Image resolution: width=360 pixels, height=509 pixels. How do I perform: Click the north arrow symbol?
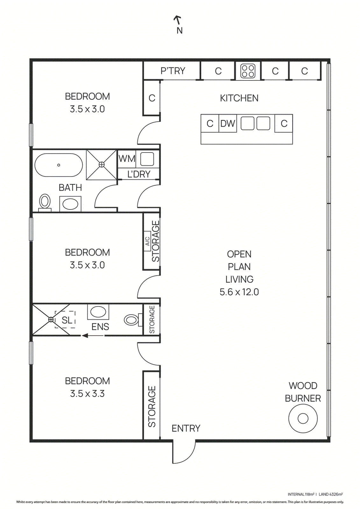(178, 20)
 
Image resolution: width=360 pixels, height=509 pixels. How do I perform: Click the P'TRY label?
(173, 71)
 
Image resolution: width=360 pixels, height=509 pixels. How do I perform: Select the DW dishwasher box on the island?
(228, 123)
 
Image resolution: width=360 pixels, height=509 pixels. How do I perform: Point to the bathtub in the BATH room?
(59, 165)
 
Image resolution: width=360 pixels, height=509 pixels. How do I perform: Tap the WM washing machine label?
(127, 159)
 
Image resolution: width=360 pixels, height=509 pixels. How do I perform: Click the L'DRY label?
(139, 174)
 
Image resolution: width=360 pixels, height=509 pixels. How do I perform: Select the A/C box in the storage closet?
(147, 241)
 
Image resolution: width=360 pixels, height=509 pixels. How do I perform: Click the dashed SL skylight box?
(65, 319)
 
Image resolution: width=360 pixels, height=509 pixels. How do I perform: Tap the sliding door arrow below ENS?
(92, 335)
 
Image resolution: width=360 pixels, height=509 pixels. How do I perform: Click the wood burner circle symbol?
(303, 418)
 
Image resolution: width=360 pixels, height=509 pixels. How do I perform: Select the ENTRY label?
(186, 428)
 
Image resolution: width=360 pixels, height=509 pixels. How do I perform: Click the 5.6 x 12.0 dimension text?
(239, 292)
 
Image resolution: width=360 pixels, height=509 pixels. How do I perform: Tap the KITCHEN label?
(239, 98)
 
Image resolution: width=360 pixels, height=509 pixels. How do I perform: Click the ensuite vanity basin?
(98, 312)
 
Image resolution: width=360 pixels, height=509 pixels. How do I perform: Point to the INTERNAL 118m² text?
(301, 494)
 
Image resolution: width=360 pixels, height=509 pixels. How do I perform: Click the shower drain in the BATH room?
(102, 164)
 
